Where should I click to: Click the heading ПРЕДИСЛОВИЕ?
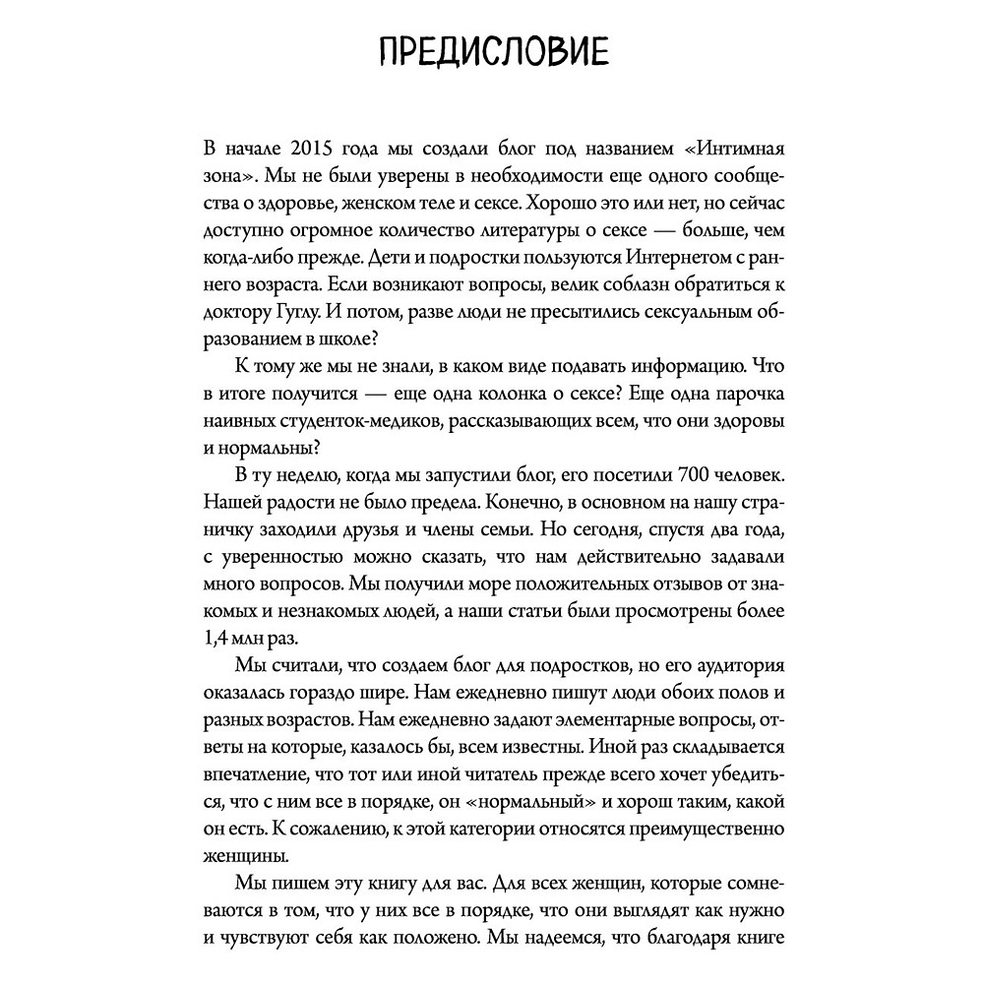491,51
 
